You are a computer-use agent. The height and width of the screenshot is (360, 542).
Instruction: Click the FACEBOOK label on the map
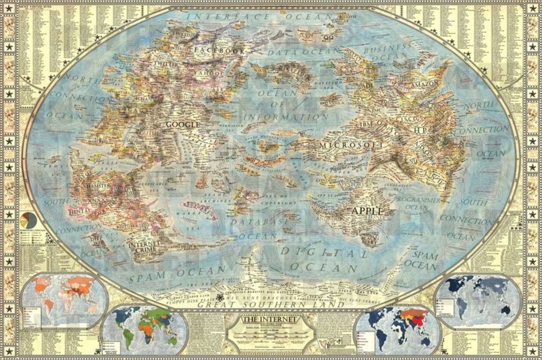tap(213, 50)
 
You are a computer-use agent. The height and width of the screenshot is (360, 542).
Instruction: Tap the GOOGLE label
tap(183, 124)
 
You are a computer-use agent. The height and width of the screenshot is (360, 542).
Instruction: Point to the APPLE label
tap(367, 210)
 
